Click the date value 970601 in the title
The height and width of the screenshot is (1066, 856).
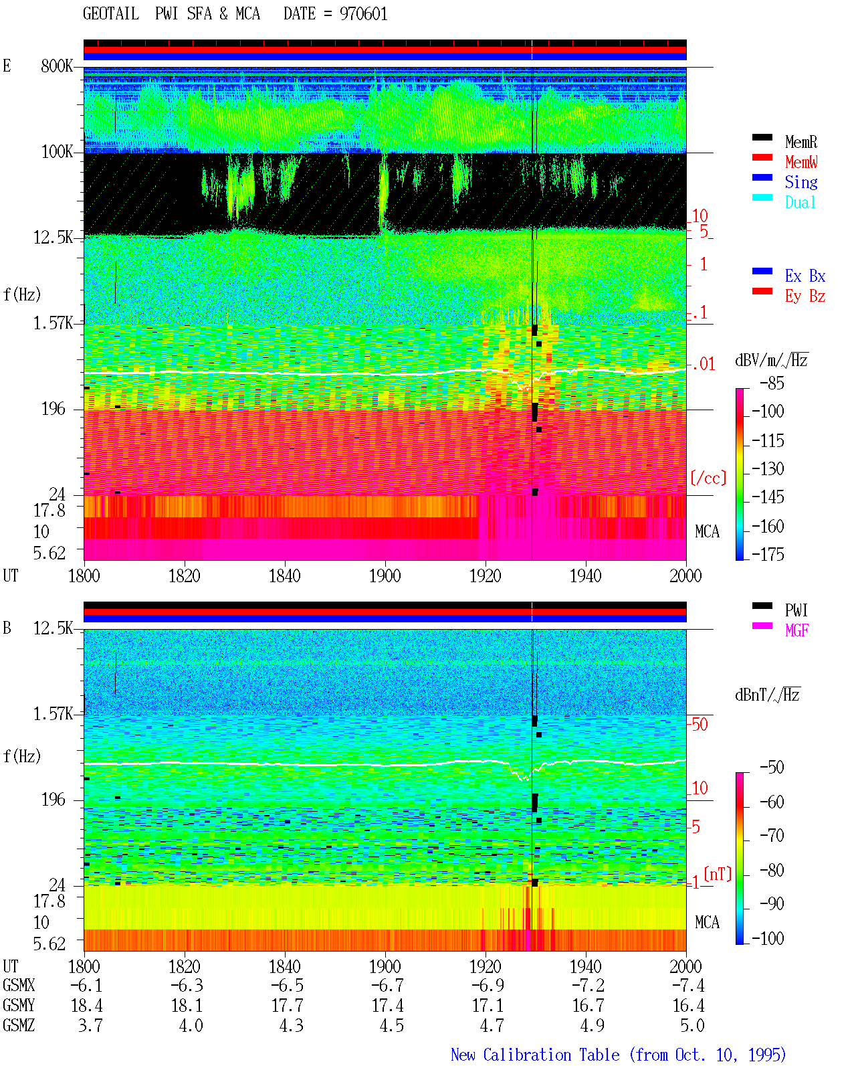363,14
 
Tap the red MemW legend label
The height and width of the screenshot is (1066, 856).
801,162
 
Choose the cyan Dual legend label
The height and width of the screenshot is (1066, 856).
800,202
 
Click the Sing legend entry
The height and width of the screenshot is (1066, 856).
801,182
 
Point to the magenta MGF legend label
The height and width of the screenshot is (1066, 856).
796,630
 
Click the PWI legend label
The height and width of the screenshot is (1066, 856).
796,610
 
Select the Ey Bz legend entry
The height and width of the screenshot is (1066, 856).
805,296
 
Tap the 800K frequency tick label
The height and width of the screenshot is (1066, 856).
57,66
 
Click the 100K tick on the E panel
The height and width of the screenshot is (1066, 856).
57,152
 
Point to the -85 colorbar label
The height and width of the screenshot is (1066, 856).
772,383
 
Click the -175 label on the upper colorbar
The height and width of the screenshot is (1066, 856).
768,554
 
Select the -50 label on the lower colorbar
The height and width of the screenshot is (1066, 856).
772,768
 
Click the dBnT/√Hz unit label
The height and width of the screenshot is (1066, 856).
768,695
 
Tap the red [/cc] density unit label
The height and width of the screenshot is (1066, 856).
708,478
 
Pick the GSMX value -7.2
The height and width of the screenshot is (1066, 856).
588,985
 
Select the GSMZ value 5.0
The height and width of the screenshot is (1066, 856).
692,1025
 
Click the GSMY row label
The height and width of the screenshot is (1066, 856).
19,1006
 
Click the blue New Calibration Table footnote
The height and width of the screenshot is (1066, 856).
619,1055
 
